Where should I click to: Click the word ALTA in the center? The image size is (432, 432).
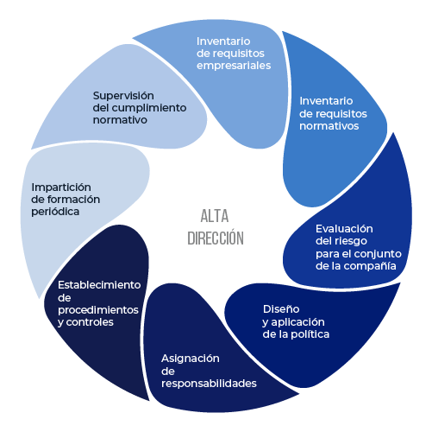tap(215, 216)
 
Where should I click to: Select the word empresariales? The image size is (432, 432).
tap(234, 66)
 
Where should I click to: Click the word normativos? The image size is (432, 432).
tap(329, 126)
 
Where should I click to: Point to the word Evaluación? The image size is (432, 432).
tap(344, 229)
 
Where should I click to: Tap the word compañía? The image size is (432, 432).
tap(370, 266)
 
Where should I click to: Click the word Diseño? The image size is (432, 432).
tap(281, 309)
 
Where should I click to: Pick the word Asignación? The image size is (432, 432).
tap(191, 359)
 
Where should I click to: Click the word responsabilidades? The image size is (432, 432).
tap(209, 384)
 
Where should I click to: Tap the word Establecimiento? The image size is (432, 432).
tap(99, 285)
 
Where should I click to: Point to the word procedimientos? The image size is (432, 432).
tap(98, 310)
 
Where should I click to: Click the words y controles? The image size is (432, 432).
tap(85, 322)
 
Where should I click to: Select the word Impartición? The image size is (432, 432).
tap(61, 187)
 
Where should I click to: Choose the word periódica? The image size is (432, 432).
tap(55, 212)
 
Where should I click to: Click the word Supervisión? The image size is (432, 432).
tap(123, 96)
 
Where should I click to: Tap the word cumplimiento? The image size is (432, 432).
tap(148, 108)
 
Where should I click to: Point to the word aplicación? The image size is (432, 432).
tap(297, 322)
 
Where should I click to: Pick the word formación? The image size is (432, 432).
tap(73, 200)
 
